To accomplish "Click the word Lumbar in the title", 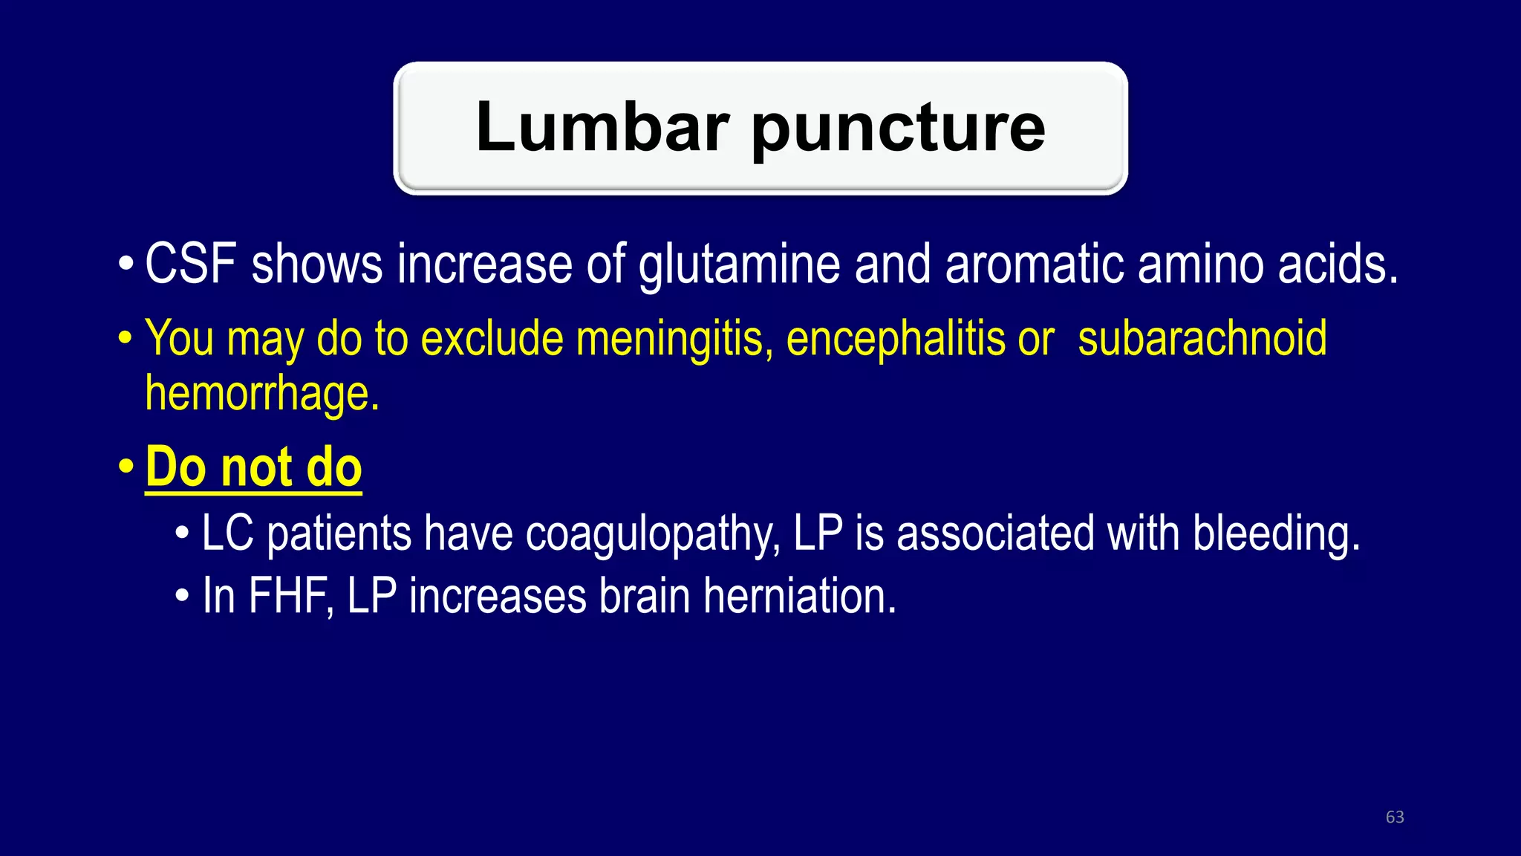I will pos(602,127).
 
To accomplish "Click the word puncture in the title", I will pos(899,130).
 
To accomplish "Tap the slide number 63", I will pos(1395,817).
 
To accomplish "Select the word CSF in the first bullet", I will pos(191,264).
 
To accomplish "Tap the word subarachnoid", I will pos(1202,339).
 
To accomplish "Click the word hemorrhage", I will pos(261,394).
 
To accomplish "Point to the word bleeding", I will pos(1276,535).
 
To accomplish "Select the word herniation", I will pos(800,596).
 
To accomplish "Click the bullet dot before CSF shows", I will pos(126,264).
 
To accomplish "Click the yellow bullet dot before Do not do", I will pos(126,467).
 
